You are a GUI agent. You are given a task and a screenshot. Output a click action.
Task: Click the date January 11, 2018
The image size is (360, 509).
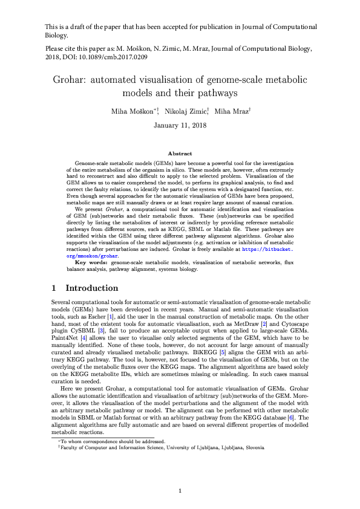click(180, 126)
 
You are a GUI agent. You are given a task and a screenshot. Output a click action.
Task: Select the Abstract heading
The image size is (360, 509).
click(180, 154)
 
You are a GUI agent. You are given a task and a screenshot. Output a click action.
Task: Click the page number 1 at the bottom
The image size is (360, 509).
click(180, 490)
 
